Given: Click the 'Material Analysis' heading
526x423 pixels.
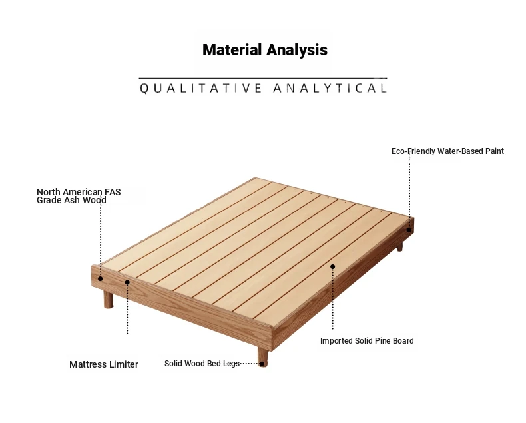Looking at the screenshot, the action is [265, 50].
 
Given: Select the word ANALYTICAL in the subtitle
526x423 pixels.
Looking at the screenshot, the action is [330, 89].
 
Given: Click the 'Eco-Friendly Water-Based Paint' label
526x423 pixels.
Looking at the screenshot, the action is [447, 151].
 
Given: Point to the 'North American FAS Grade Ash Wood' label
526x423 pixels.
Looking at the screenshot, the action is [79, 196].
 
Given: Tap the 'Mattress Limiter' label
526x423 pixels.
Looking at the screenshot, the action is [104, 364].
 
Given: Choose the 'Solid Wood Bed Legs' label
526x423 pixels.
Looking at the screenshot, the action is [202, 364].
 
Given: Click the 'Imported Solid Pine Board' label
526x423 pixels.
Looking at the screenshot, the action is [367, 341].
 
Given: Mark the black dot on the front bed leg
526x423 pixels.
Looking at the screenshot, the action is [262, 364].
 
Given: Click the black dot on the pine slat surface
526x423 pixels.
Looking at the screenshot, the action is [332, 267].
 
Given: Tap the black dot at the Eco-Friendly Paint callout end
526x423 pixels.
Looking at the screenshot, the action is [409, 230].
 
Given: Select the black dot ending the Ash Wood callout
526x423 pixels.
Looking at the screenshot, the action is [101, 278].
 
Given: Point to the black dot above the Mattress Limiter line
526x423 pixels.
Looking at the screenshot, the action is [127, 282].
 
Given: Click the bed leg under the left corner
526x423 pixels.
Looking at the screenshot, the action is [108, 300].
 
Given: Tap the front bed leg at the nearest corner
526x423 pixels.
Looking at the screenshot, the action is [262, 356].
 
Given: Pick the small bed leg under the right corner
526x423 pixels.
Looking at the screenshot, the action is [400, 247].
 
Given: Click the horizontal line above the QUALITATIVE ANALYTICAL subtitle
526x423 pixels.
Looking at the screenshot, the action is [263, 78].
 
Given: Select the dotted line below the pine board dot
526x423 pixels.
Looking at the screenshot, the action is [332, 300].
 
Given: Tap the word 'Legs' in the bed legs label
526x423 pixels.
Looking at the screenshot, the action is [232, 364].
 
